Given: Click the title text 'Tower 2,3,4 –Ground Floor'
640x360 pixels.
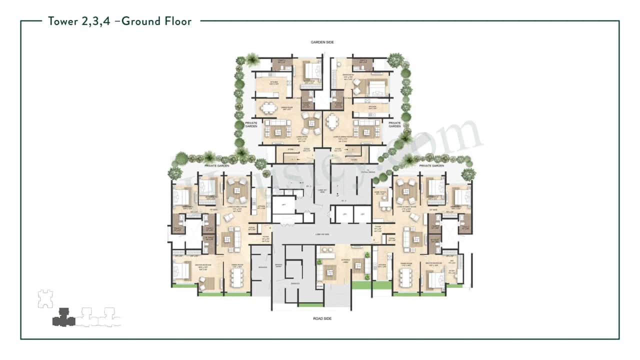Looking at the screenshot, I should pos(119,21).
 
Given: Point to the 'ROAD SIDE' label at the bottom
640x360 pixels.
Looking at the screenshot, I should pos(320,318).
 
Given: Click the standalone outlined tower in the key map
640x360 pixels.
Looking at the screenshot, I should pos(45,299).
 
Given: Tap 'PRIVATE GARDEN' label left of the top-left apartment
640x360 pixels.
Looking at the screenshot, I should pos(250,124).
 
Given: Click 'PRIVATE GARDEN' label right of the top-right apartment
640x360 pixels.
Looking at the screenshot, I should pos(394,124).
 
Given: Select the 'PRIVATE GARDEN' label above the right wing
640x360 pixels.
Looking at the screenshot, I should pos(431,165).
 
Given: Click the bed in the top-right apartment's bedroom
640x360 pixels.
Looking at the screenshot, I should pos(372,88).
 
